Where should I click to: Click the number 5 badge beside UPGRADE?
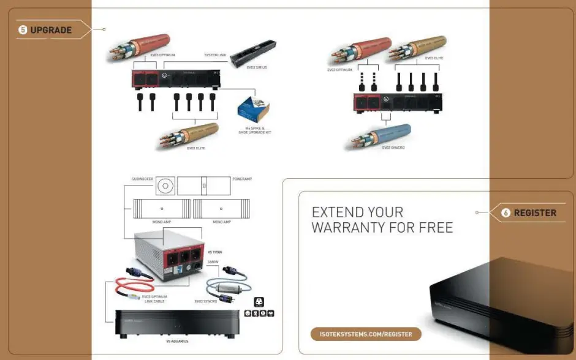23,30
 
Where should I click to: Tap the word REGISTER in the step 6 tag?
535,213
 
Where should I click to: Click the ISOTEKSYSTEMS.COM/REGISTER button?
366,334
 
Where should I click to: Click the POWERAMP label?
243,179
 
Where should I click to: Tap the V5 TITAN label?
216,252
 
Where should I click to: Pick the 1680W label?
213,261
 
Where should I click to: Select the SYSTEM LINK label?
216,54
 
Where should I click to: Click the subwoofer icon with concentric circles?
165,186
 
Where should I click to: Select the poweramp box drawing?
205,186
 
